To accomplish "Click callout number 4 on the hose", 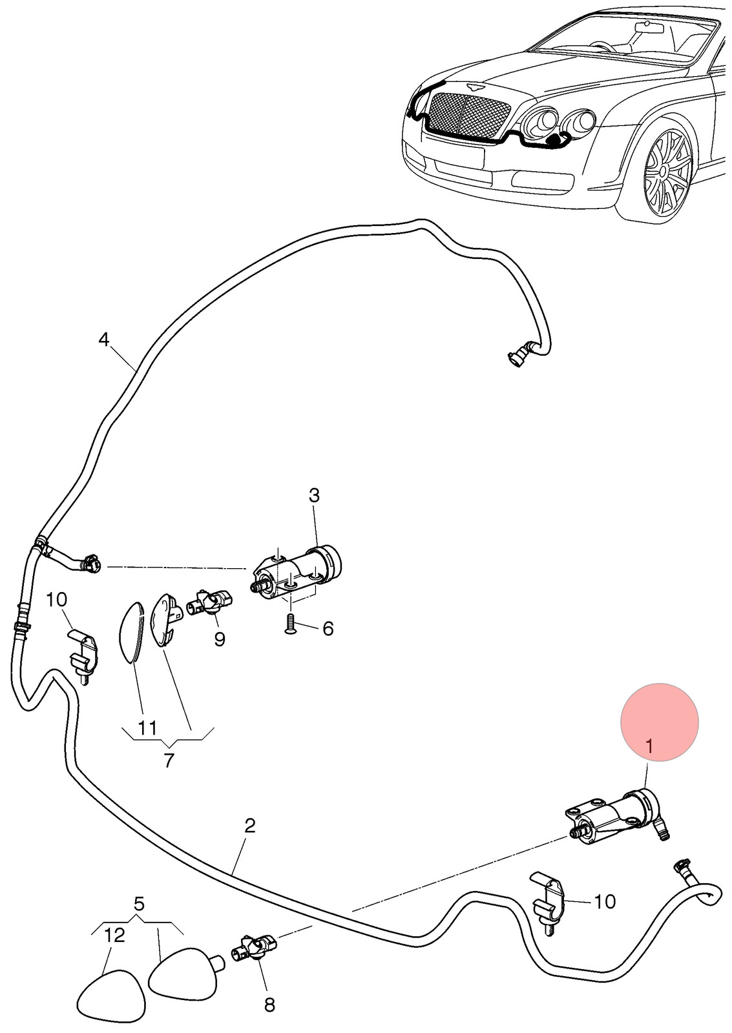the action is click(104, 340).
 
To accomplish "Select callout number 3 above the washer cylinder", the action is click(314, 496).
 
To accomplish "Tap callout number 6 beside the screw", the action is click(328, 628).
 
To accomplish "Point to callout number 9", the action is click(220, 639).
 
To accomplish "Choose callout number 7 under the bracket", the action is click(169, 761).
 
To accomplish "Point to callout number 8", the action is click(269, 1014).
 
